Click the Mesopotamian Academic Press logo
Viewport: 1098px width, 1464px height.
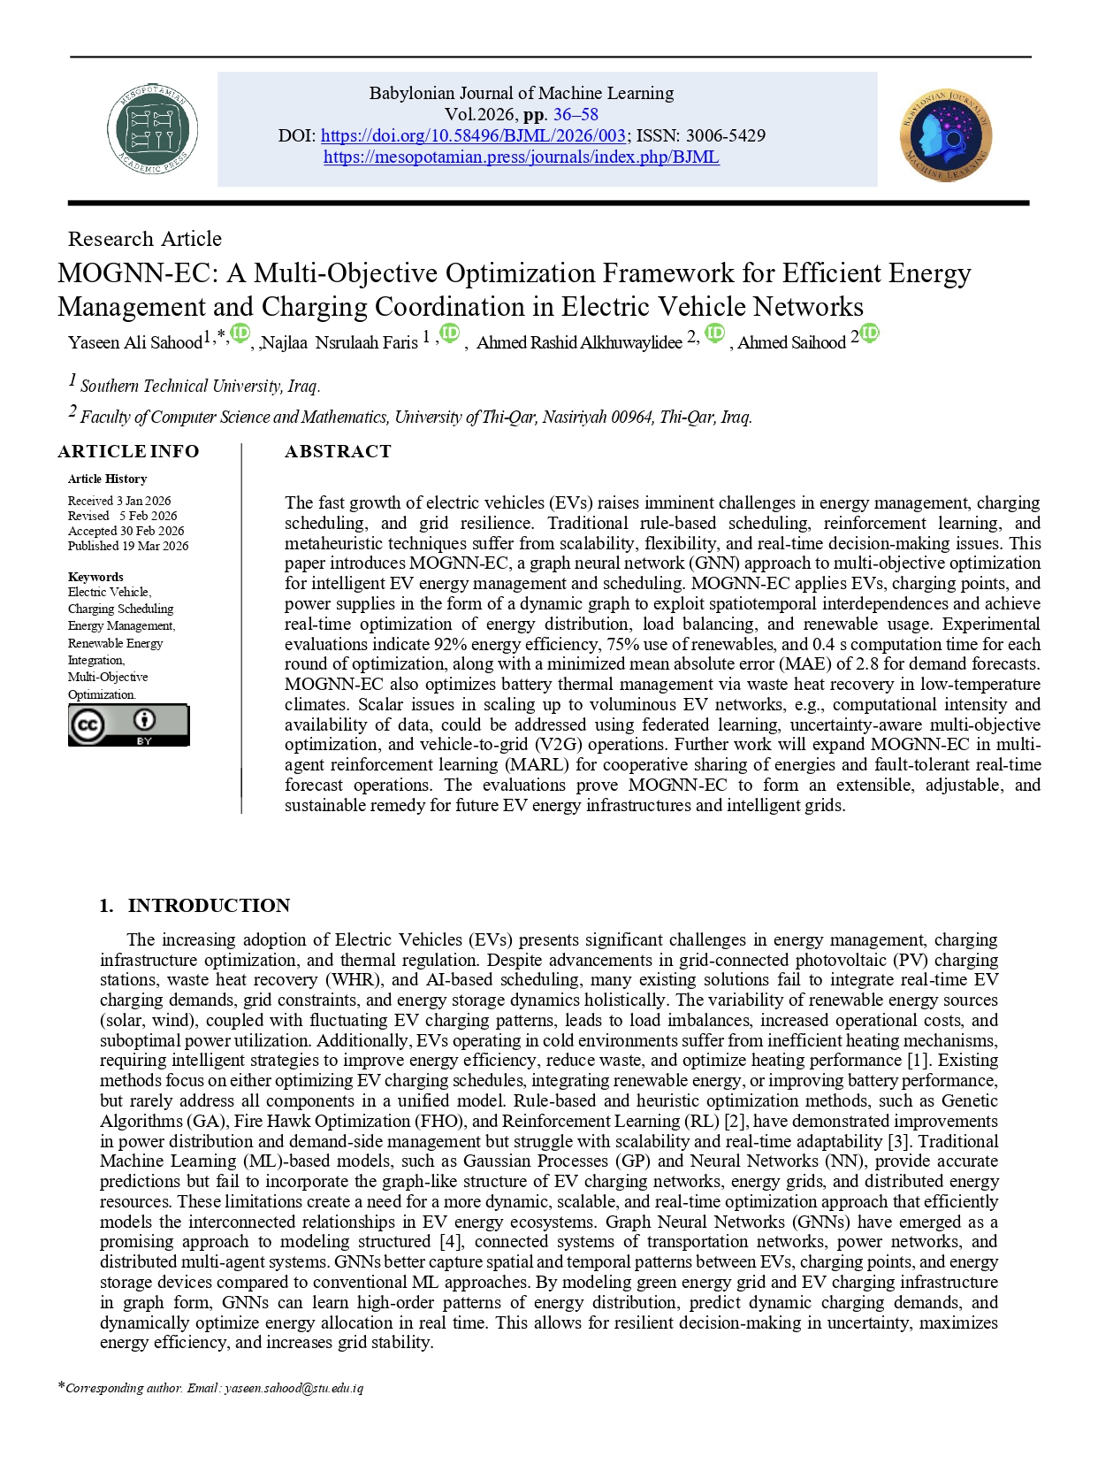click(152, 129)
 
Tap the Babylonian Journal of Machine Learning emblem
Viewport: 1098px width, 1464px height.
click(946, 135)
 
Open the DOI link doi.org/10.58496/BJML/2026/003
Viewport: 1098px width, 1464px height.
click(474, 135)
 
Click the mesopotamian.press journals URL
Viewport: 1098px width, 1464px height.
click(521, 157)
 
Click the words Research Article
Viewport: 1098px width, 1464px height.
click(145, 239)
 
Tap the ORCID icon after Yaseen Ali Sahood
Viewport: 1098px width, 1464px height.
click(240, 333)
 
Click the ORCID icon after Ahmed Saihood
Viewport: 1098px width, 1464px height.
click(869, 333)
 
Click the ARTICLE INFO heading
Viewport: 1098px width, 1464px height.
click(128, 451)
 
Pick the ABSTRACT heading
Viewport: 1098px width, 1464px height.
click(338, 451)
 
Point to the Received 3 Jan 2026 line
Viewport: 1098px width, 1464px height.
click(119, 501)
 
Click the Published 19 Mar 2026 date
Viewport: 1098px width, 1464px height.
click(128, 546)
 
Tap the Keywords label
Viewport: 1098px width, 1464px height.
click(95, 577)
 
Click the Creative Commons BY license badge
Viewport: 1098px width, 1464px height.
click(128, 725)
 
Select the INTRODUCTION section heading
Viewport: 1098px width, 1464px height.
click(209, 905)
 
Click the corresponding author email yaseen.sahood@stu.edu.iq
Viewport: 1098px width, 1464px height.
click(294, 1388)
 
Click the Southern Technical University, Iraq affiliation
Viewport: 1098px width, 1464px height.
click(200, 386)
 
